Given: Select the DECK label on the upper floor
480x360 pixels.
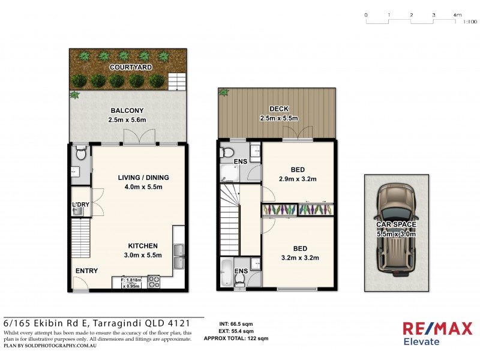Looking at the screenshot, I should (279, 109).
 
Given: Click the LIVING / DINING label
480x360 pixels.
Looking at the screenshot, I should (143, 178).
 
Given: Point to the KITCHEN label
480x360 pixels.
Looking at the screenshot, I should (143, 246).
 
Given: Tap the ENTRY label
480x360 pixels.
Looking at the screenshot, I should (86, 271).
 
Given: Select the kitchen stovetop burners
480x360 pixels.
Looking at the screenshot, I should (153, 281).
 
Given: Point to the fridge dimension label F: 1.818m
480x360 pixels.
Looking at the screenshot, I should (131, 280).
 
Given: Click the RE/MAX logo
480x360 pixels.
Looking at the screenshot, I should (437, 329).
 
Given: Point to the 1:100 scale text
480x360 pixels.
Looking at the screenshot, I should (470, 22).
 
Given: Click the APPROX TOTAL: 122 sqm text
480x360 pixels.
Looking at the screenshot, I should (236, 338).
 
